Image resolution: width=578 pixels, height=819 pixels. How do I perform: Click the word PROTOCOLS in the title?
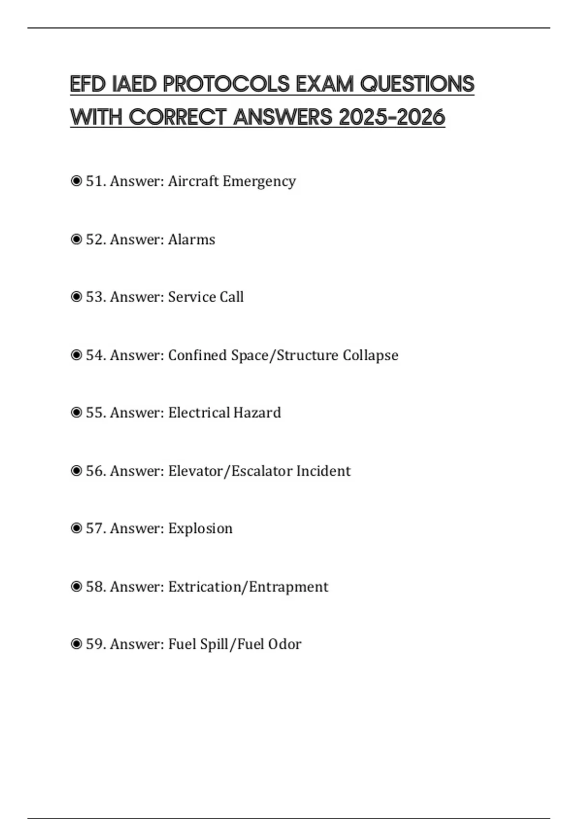(226, 84)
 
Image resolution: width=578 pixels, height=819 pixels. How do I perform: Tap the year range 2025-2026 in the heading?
(392, 117)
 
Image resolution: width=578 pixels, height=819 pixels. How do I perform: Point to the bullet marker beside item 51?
(76, 181)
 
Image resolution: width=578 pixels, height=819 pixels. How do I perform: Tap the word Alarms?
(191, 239)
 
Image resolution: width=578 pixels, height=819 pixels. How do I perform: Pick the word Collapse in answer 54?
(370, 355)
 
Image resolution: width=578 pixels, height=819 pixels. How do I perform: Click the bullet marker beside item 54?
(76, 355)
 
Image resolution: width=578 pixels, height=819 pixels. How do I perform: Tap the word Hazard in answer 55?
(257, 413)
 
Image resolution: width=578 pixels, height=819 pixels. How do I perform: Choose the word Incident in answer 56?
(323, 471)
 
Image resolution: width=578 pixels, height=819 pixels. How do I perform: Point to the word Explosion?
(200, 528)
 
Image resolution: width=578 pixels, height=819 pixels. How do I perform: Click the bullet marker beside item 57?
(76, 528)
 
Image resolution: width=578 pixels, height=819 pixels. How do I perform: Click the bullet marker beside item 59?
(76, 644)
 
